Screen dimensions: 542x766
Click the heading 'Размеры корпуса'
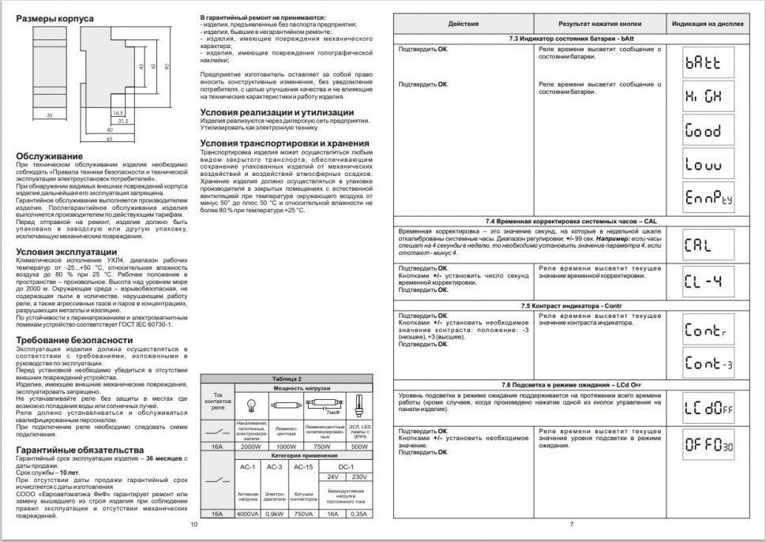click(x=54, y=17)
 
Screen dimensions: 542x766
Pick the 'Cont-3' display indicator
click(x=709, y=363)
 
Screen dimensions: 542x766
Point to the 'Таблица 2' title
click(x=287, y=379)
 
